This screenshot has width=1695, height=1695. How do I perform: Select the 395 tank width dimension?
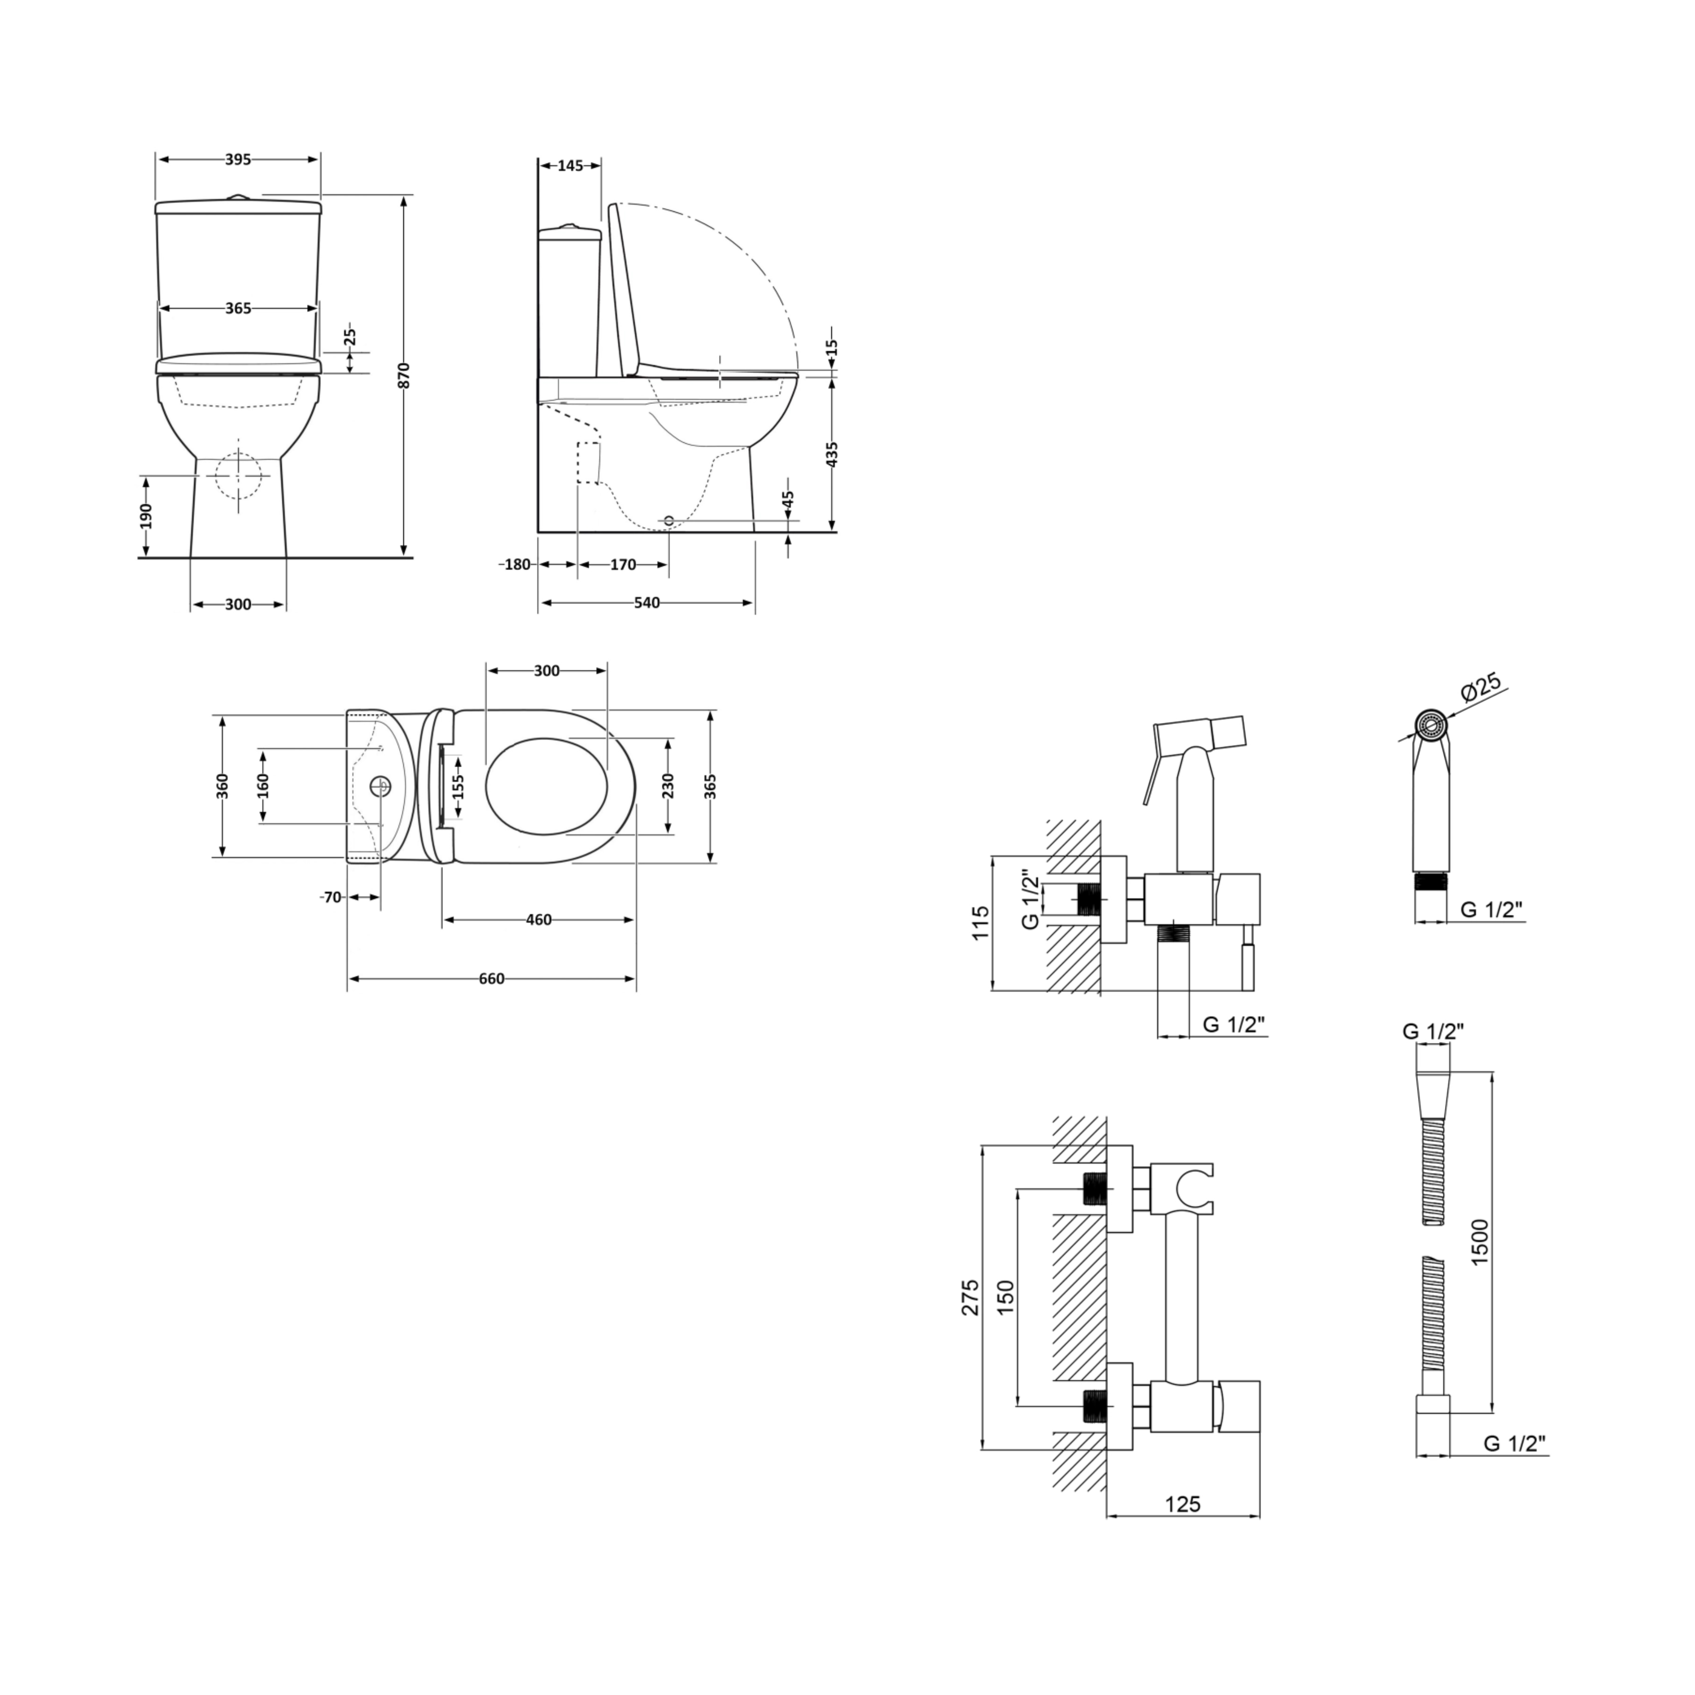tap(238, 160)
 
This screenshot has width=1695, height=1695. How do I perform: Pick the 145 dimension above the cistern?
tap(570, 166)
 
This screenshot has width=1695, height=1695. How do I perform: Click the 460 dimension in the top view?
tap(539, 920)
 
